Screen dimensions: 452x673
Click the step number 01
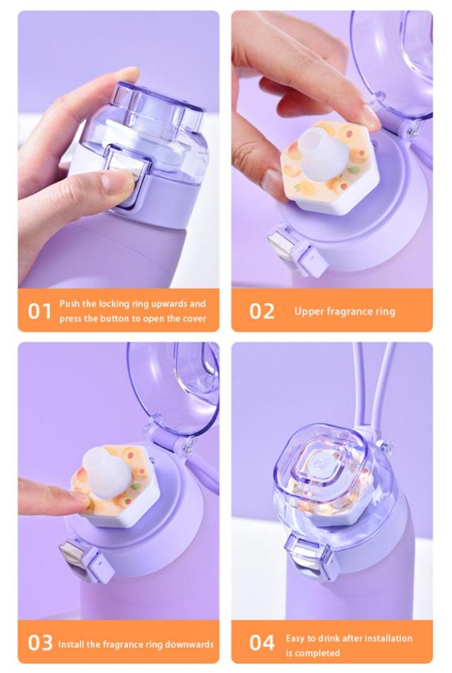point(40,311)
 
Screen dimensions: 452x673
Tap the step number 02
point(261,311)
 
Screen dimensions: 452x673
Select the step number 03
point(40,643)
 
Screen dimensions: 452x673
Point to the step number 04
point(262,643)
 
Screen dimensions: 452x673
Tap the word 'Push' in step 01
point(69,304)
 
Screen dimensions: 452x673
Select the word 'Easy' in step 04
point(295,638)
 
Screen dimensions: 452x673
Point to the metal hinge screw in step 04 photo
point(388,447)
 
